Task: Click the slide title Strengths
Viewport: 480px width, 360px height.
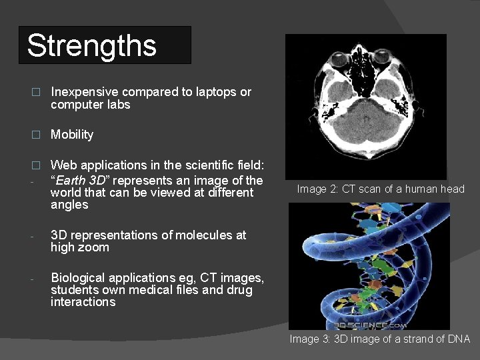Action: pos(91,46)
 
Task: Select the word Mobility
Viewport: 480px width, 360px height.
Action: pos(72,135)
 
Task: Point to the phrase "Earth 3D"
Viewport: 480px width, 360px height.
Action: pos(79,180)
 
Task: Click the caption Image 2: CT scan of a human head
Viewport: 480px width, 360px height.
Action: pos(381,189)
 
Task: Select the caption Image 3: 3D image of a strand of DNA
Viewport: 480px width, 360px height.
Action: pos(379,339)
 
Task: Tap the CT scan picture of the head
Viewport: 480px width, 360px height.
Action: pos(366,105)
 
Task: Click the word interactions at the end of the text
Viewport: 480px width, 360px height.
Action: pos(83,302)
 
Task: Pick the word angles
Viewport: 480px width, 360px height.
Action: pos(69,205)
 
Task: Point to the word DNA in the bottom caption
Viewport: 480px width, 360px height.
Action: pos(459,339)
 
